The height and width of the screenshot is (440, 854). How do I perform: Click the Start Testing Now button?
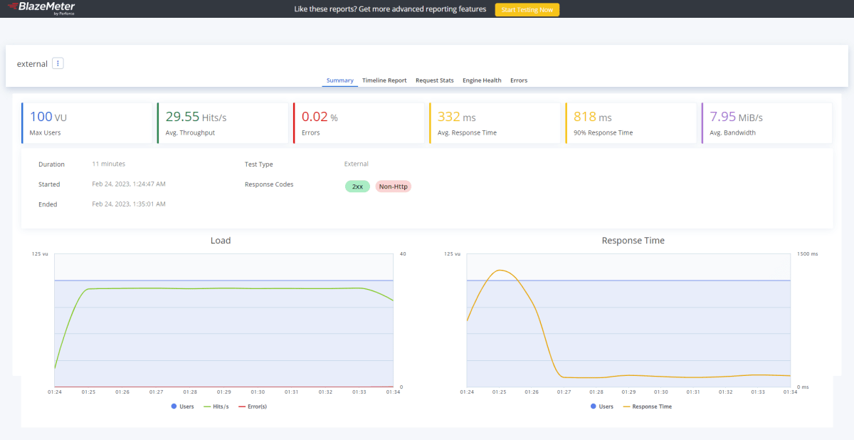pos(527,9)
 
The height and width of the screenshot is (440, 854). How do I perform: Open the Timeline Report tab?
pos(384,80)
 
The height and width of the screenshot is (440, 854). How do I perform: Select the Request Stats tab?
pos(435,80)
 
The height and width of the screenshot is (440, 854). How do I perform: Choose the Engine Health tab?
pos(482,80)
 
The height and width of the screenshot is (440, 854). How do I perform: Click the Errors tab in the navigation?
pos(519,80)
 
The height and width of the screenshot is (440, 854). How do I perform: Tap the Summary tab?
pos(339,80)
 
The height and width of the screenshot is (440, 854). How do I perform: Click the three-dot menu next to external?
pos(58,63)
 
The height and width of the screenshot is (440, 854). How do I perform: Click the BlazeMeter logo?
pos(42,8)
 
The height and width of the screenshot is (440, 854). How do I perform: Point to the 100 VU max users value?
pos(48,117)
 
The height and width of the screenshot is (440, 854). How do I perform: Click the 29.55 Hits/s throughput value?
pos(196,117)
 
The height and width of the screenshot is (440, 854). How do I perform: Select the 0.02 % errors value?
pos(320,117)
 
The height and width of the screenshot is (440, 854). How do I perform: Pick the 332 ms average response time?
pos(456,117)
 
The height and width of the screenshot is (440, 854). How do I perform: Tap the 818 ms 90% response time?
pos(592,117)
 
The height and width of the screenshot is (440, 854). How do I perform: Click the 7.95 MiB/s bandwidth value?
pos(736,117)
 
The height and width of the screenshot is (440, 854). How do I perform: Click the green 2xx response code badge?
pos(357,187)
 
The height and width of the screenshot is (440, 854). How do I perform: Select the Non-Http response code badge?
pos(393,187)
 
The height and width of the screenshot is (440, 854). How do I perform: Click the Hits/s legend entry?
pos(216,407)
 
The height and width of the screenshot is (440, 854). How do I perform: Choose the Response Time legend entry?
pos(648,407)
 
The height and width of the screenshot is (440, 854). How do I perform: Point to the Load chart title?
pos(221,241)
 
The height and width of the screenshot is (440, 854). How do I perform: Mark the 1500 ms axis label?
pos(808,254)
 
